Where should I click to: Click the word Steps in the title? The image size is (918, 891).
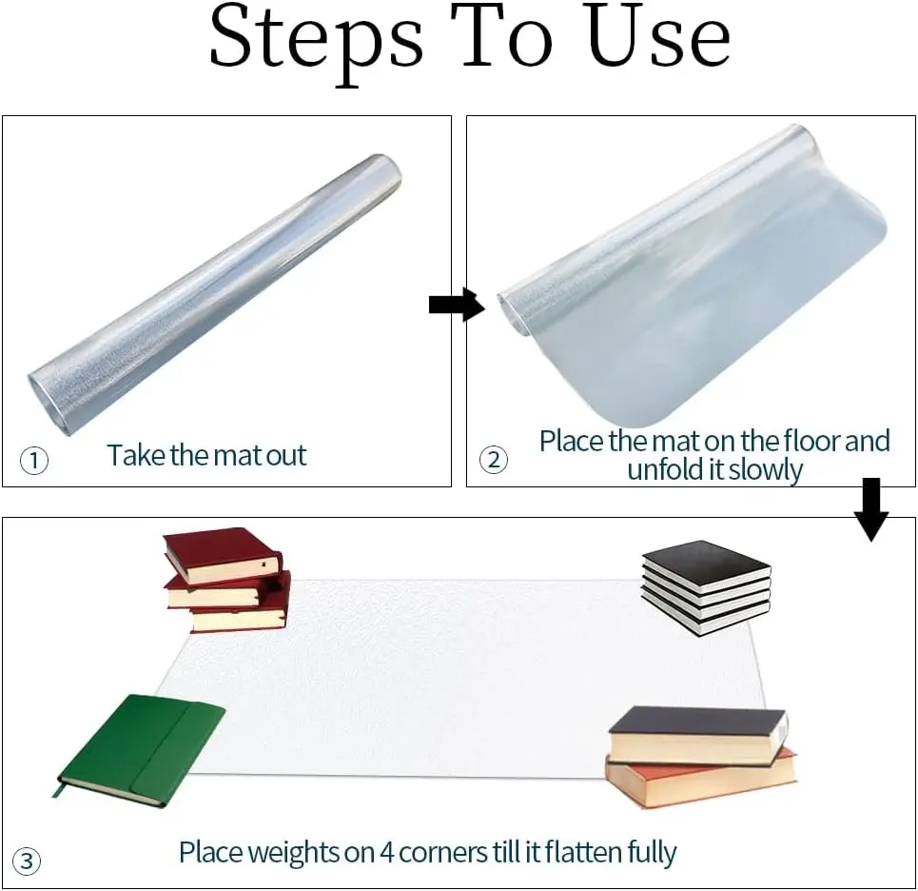coord(316,41)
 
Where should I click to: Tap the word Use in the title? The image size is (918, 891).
coord(659,35)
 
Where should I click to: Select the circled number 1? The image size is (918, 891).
coord(34,461)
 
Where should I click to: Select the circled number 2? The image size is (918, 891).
coord(494,460)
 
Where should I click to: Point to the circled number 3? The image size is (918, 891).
coord(27,861)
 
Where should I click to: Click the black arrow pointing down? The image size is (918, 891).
coord(871,509)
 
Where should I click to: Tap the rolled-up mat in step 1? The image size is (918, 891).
coord(214,295)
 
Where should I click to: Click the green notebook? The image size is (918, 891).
coord(141,751)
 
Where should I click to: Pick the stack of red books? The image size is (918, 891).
coord(226,580)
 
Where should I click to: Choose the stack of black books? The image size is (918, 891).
coord(706,587)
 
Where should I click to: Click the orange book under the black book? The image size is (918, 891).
coord(701,778)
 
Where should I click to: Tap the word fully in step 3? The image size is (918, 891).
coord(652,853)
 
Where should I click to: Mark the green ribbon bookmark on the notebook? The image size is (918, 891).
coord(57,788)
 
